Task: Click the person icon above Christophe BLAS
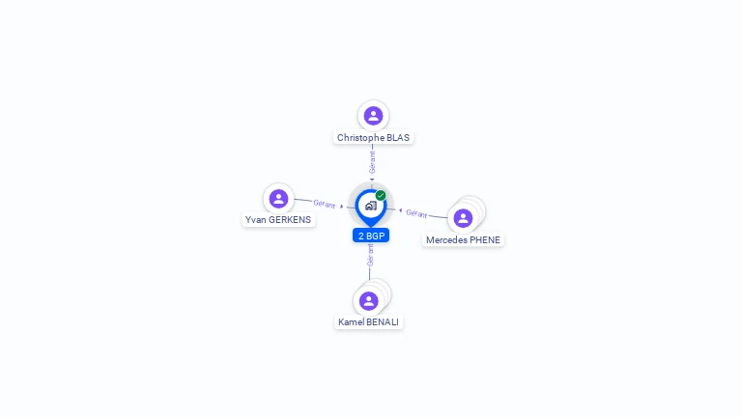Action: [373, 116]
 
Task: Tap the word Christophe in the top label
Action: [360, 138]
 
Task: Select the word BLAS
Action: [398, 138]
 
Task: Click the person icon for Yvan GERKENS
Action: [278, 199]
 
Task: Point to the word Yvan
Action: [255, 220]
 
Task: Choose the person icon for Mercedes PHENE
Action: [463, 218]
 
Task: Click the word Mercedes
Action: [446, 240]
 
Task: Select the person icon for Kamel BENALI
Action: [368, 300]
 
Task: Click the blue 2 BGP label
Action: [371, 236]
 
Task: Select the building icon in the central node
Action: [370, 206]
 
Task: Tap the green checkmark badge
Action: [381, 195]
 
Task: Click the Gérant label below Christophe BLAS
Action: [372, 161]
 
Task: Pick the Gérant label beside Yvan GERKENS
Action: [325, 205]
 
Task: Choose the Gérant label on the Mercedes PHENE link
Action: [416, 213]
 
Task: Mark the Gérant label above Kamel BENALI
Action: [370, 255]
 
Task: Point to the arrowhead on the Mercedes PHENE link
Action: [401, 209]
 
